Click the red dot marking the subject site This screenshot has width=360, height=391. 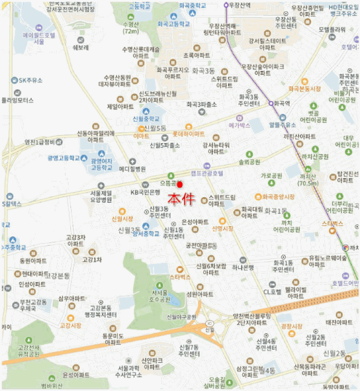[x=180, y=184]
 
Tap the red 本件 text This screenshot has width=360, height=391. [x=182, y=198]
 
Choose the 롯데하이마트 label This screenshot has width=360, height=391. [x=188, y=134]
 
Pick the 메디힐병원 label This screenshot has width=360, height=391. [x=132, y=169]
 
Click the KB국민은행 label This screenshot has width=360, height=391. [x=146, y=192]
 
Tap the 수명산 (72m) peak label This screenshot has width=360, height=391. [x=131, y=27]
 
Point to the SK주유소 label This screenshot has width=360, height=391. [x=30, y=80]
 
